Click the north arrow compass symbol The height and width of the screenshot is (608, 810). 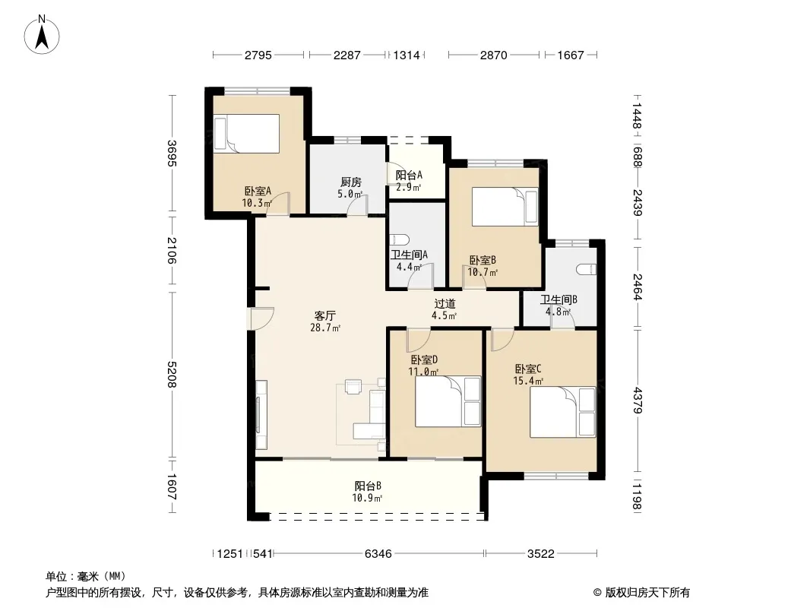pyautogui.click(x=42, y=35)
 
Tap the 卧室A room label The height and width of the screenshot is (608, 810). pyautogui.click(x=258, y=191)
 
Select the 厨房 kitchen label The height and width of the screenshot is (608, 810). pyautogui.click(x=351, y=182)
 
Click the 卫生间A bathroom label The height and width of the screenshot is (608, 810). pyautogui.click(x=409, y=255)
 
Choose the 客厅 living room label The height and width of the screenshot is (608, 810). pyautogui.click(x=325, y=315)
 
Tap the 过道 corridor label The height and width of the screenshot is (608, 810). pyautogui.click(x=445, y=304)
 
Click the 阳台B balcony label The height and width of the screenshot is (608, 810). pyautogui.click(x=368, y=486)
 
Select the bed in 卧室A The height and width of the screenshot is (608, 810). pyautogui.click(x=246, y=134)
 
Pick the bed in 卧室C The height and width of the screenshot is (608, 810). pyautogui.click(x=562, y=412)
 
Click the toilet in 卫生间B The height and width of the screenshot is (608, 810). pyautogui.click(x=587, y=269)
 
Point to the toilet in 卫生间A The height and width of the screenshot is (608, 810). pyautogui.click(x=400, y=239)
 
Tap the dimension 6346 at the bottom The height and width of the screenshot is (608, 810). pyautogui.click(x=378, y=554)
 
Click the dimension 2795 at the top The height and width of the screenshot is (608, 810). pyautogui.click(x=258, y=55)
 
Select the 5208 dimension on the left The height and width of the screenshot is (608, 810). pyautogui.click(x=172, y=375)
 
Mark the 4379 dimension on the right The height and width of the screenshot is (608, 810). pyautogui.click(x=638, y=401)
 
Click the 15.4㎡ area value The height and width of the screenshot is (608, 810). pyautogui.click(x=528, y=382)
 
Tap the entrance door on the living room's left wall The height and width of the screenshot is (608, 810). pyautogui.click(x=261, y=318)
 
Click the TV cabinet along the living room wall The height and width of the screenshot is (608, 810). pyautogui.click(x=261, y=414)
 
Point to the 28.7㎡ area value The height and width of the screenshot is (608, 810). pyautogui.click(x=325, y=328)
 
